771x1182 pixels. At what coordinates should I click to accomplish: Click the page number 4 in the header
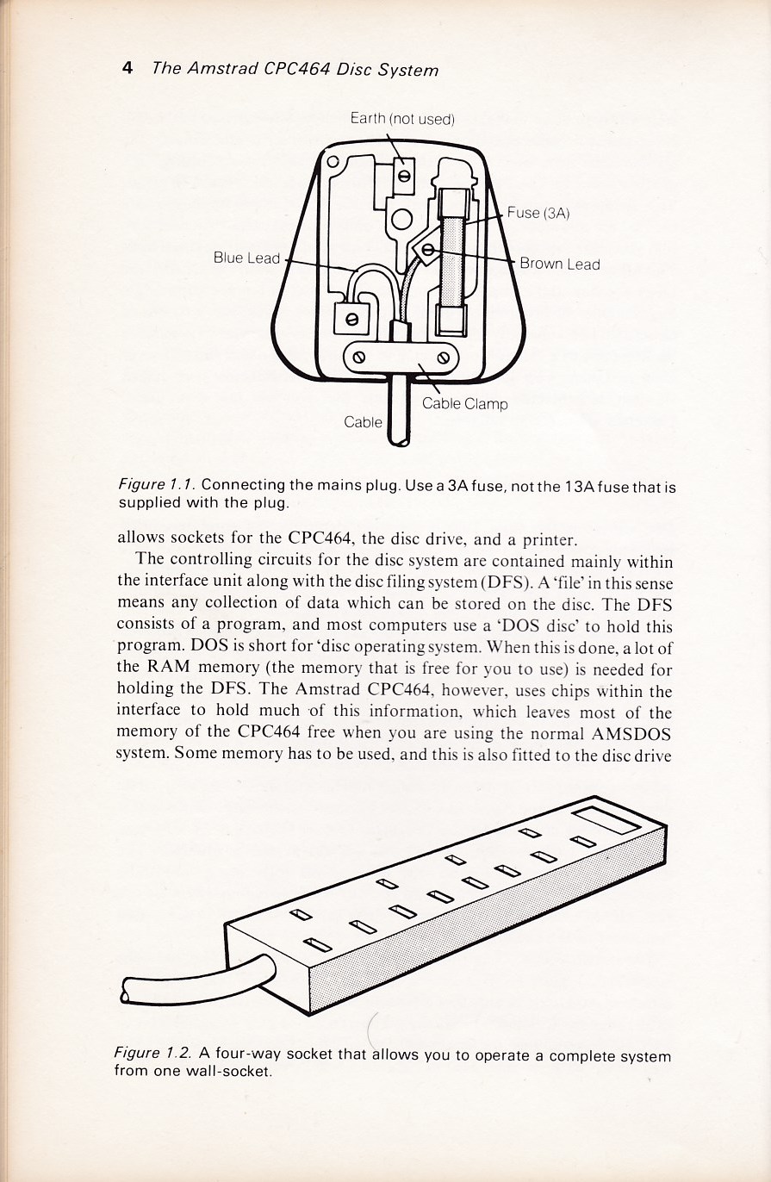tap(127, 68)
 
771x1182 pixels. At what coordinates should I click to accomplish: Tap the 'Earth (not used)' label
tap(401, 118)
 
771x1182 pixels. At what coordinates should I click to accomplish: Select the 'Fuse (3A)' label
tap(539, 213)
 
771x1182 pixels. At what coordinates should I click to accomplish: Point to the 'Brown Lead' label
tap(559, 264)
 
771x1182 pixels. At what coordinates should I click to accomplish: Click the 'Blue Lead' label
tap(246, 258)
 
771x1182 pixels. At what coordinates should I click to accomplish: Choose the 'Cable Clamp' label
tap(464, 403)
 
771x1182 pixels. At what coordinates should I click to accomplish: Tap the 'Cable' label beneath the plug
tap(363, 422)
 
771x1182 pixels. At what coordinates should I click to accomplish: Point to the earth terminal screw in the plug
tap(402, 177)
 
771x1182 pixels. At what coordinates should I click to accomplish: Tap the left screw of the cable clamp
tap(359, 356)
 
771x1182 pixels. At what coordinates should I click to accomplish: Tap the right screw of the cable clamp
tap(445, 356)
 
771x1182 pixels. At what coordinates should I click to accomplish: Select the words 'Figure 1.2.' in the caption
tap(153, 1054)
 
